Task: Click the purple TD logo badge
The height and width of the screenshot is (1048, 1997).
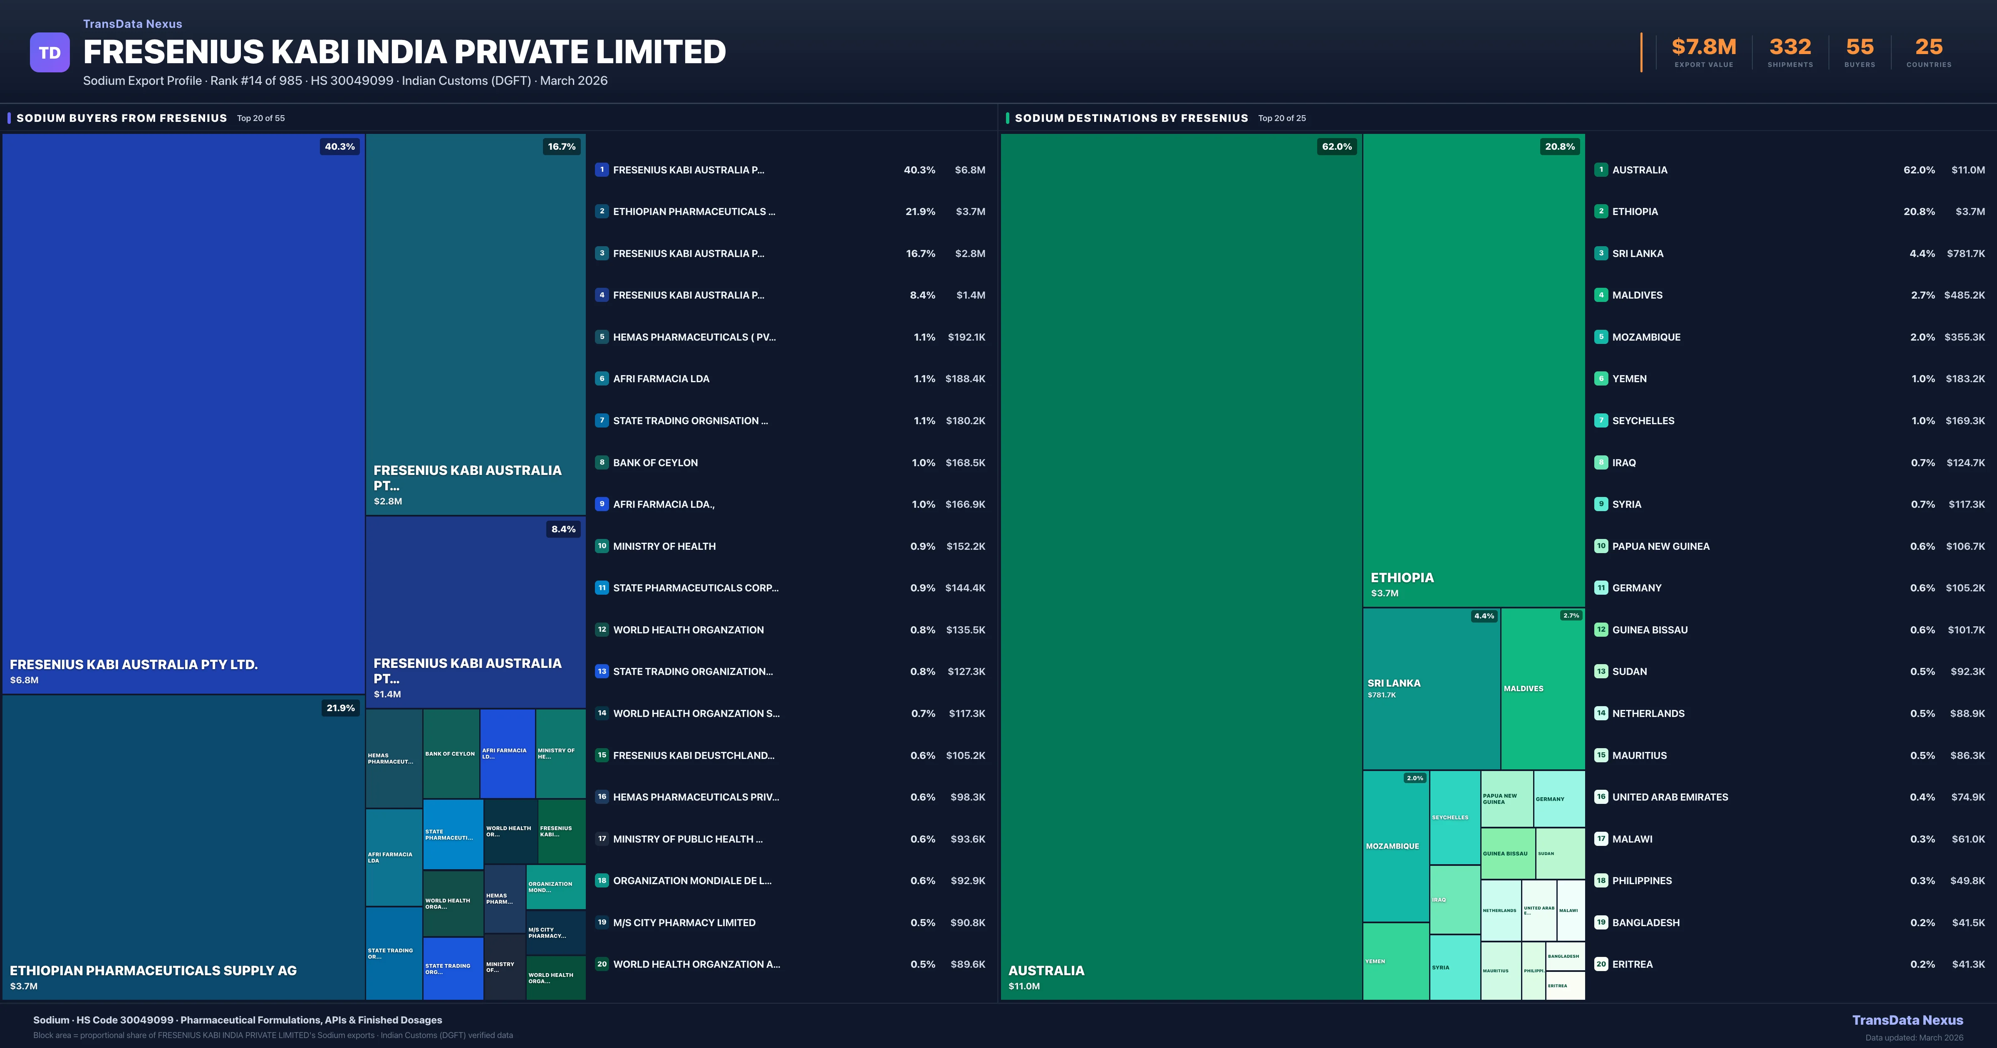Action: (x=50, y=53)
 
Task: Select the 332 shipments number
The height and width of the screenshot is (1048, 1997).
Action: (x=1789, y=47)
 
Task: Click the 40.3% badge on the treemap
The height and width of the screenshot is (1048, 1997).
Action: (x=339, y=146)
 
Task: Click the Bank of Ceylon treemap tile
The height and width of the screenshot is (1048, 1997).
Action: (x=451, y=754)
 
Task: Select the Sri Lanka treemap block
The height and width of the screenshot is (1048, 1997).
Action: (x=1431, y=688)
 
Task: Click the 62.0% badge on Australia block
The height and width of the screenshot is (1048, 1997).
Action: (x=1336, y=146)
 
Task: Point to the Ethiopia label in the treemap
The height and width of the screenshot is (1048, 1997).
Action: (x=1402, y=578)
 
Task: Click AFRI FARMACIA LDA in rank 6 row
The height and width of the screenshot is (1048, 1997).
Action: (x=661, y=379)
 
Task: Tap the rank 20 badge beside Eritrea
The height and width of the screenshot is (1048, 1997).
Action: (x=1601, y=964)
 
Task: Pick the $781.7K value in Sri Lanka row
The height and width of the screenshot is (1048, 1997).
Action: (x=1965, y=253)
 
